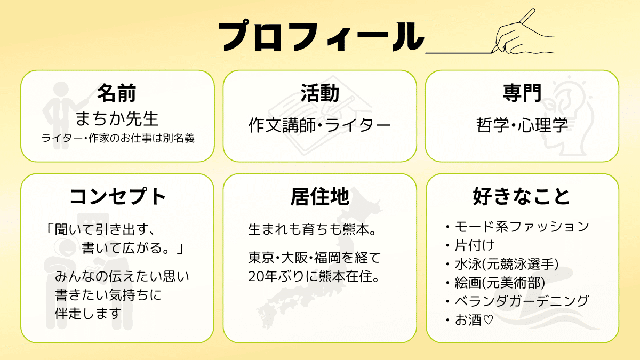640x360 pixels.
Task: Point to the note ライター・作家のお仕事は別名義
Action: point(117,138)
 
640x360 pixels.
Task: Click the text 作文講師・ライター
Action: point(319,125)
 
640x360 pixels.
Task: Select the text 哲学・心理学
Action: point(522,125)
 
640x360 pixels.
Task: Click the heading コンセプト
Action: point(117,197)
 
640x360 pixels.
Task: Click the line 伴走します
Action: point(89,313)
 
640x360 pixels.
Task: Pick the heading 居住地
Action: point(319,197)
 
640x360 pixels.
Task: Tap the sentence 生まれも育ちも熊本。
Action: point(314,230)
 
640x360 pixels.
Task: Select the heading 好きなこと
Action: point(522,197)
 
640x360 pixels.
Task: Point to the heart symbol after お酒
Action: point(487,321)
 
